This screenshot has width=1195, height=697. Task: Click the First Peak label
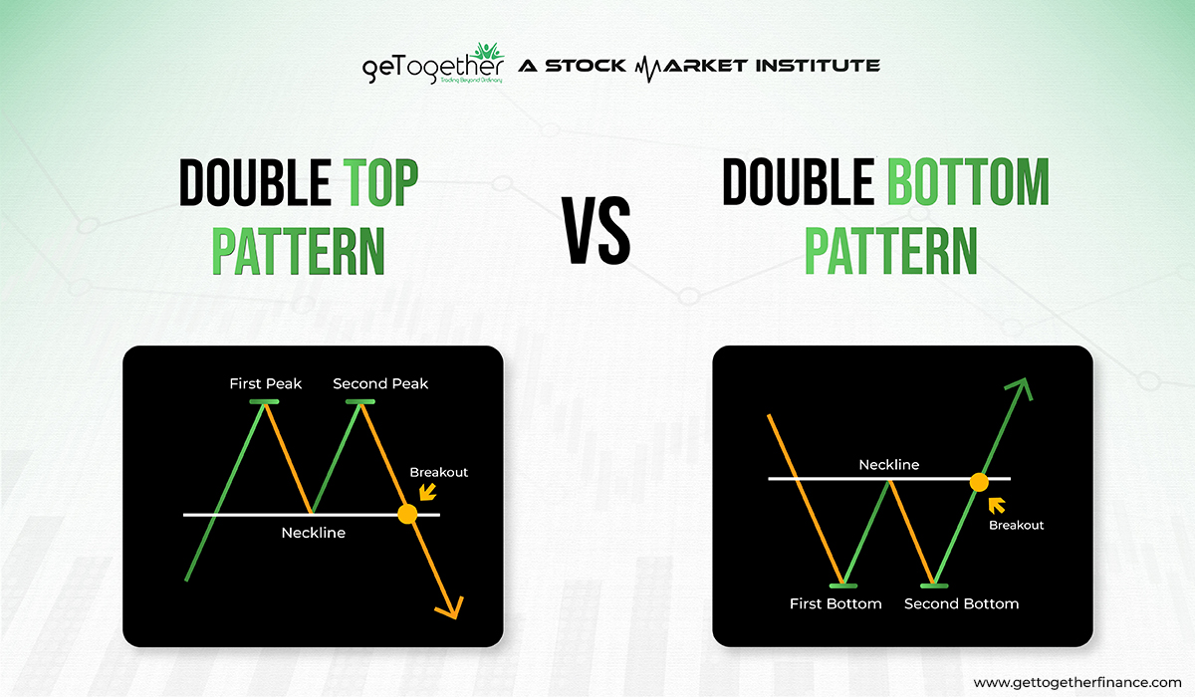(265, 383)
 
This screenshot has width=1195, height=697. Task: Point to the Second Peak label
(380, 383)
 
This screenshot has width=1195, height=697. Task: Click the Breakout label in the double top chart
(438, 472)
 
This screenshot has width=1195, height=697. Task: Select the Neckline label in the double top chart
(313, 533)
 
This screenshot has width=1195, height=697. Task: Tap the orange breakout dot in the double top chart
(406, 514)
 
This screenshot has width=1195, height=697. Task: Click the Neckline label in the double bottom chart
(889, 464)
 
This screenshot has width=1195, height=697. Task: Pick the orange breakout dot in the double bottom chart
(979, 481)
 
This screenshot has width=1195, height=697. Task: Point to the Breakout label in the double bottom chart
(1016, 525)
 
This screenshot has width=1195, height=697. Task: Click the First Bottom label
(836, 603)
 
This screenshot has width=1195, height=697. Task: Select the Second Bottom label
(961, 603)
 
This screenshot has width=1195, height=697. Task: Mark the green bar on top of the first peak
(265, 401)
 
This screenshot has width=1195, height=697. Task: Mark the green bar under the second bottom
(934, 585)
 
